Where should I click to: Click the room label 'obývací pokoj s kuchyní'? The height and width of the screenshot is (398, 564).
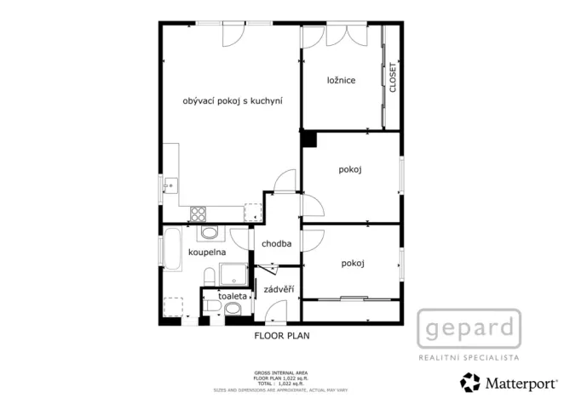(233, 101)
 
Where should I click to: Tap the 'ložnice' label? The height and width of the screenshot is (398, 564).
(341, 81)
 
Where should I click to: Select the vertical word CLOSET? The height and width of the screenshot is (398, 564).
(393, 77)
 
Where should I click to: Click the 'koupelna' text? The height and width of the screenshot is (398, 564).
(206, 253)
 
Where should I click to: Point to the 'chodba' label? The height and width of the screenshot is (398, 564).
(277, 243)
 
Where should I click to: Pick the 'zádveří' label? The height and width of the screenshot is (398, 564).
(279, 289)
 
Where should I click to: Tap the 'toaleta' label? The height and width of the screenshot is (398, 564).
(232, 296)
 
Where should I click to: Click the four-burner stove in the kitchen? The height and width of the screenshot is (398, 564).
(199, 213)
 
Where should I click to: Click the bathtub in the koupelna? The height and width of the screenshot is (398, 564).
(172, 248)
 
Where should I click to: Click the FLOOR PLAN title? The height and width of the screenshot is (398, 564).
(282, 336)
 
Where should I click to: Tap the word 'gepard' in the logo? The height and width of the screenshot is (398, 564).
(469, 327)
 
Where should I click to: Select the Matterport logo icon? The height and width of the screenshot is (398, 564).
(469, 380)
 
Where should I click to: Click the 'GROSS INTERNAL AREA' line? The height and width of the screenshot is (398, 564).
(281, 372)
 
